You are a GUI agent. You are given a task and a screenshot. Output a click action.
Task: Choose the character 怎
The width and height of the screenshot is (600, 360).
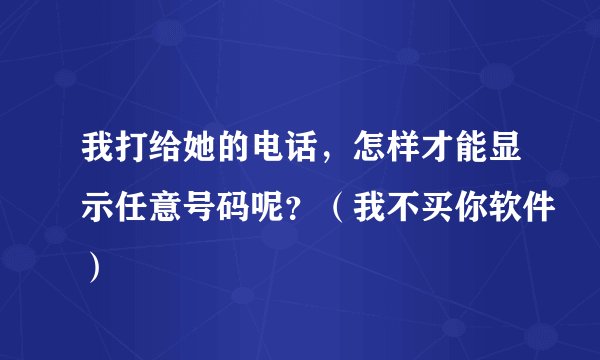click(x=399, y=151)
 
